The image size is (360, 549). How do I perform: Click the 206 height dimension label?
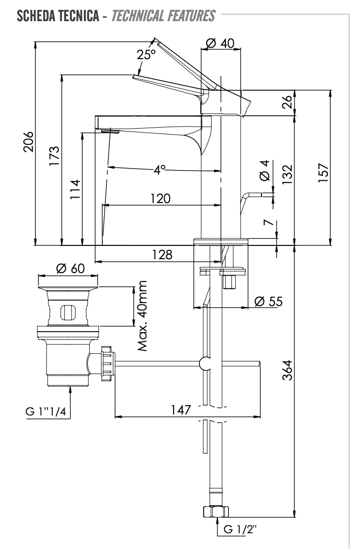tap(29, 142)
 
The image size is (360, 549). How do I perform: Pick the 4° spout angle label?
tap(160, 170)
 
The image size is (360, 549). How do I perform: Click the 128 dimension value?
tap(162, 255)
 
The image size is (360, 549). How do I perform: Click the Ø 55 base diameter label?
tap(268, 302)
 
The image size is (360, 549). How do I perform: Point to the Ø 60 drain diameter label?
tap(71, 269)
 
